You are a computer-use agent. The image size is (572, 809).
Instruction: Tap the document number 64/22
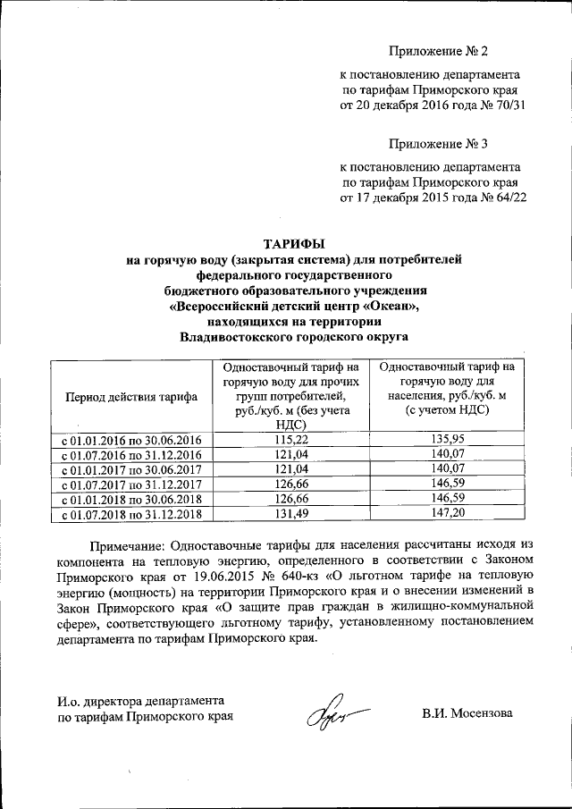point(508,198)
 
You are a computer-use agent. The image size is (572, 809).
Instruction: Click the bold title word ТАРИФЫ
point(293,243)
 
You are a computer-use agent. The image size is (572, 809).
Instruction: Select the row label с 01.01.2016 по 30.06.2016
point(130,440)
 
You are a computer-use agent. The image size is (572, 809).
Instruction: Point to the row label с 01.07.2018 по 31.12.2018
point(130,515)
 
